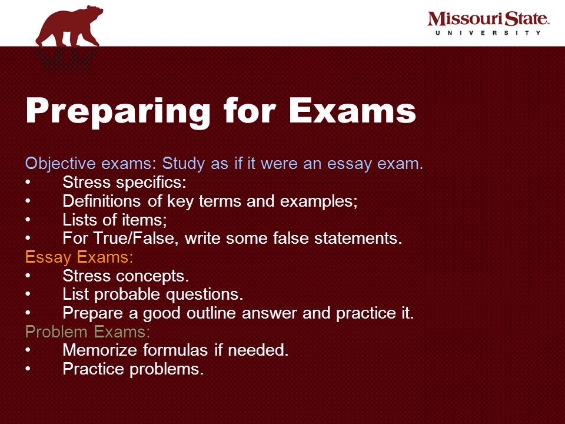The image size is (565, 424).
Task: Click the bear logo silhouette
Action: (68, 27)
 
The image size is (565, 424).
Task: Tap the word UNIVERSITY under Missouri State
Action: (488, 33)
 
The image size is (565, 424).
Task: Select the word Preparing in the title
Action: (118, 111)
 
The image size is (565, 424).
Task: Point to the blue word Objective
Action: (61, 164)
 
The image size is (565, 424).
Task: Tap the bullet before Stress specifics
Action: (28, 183)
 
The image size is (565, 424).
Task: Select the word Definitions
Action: (102, 201)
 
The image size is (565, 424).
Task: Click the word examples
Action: (319, 201)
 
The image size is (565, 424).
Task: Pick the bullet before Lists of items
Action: (28, 220)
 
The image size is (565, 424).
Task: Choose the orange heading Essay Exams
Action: (79, 257)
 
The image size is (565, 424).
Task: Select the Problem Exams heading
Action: (88, 332)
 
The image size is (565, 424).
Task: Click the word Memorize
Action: (100, 350)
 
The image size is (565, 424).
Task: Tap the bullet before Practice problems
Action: (28, 369)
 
